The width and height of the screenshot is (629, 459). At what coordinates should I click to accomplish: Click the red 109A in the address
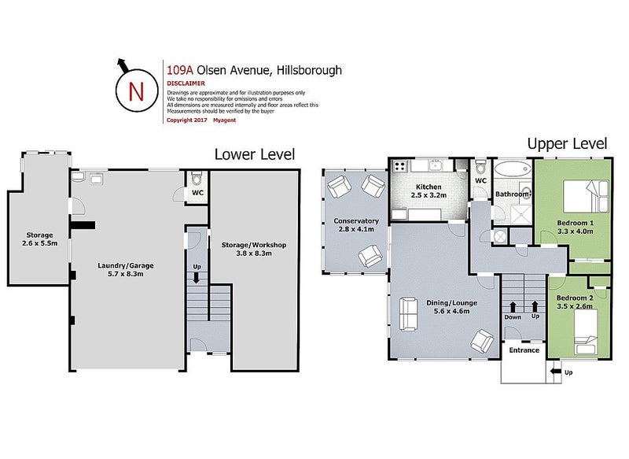pos(180,70)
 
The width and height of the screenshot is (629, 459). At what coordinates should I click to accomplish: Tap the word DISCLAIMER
pos(186,83)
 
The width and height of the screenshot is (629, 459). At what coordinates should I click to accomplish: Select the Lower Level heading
pos(255,154)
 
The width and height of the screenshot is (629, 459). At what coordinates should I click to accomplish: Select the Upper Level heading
pos(567,144)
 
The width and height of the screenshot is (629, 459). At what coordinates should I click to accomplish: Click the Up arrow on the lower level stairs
pos(196,278)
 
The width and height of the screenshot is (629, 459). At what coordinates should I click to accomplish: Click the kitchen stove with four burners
pos(400,166)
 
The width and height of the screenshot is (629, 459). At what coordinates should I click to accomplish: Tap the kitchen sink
pos(435,165)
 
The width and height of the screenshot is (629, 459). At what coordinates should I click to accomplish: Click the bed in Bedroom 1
pos(586,196)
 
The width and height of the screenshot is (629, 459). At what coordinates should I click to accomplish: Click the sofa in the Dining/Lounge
pos(409,313)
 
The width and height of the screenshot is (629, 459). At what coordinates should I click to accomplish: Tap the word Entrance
pos(524,350)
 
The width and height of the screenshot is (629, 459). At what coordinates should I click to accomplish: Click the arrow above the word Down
pos(513,307)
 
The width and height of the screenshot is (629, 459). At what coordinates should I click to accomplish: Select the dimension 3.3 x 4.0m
pos(576,231)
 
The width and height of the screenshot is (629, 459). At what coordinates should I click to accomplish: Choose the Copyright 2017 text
pos(187,120)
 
